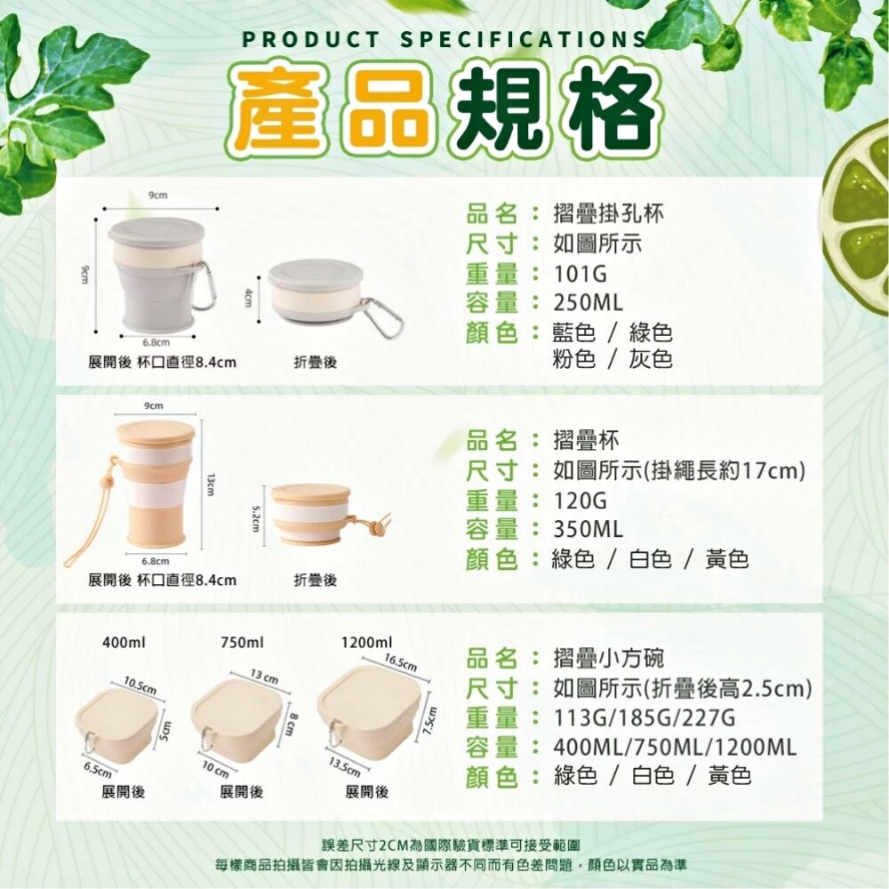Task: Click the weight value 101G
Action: point(580,274)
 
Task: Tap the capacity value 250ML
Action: point(588,303)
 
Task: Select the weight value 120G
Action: point(580,501)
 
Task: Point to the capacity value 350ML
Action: point(588,530)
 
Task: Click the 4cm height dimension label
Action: point(247,297)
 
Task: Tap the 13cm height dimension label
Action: point(210,485)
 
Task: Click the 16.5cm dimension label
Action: point(400,662)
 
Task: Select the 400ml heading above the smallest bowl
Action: point(124,643)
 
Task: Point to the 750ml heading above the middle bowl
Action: point(242,643)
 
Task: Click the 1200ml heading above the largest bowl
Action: point(366,643)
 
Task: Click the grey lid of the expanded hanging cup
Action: point(156,234)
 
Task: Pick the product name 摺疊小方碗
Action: point(608,658)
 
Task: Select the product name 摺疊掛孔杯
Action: point(608,213)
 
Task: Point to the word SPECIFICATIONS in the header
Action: point(524,40)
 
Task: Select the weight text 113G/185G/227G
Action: point(644,717)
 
